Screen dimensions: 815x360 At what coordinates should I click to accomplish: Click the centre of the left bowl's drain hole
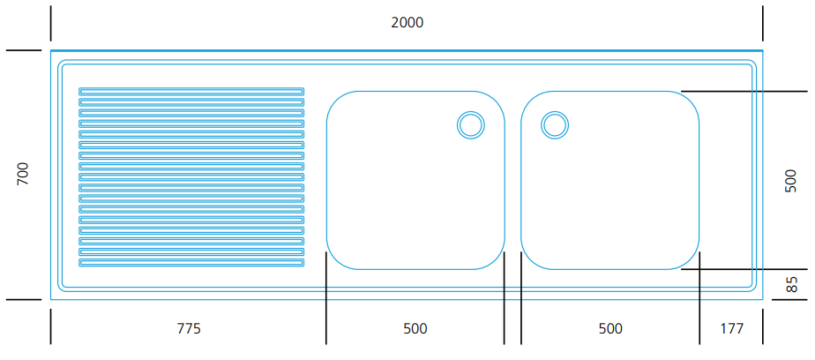(x=471, y=125)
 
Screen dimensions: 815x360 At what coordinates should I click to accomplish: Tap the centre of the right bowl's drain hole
(x=555, y=125)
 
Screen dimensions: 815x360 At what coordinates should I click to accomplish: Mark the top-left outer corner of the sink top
(x=50, y=50)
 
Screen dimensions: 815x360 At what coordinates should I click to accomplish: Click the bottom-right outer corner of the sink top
(x=763, y=300)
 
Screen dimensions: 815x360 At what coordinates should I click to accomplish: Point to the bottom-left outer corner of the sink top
(x=50, y=300)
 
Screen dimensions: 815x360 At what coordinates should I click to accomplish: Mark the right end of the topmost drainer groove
(x=304, y=91)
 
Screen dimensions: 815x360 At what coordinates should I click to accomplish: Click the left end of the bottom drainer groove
(x=79, y=263)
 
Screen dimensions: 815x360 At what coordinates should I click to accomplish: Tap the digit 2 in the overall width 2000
(x=394, y=22)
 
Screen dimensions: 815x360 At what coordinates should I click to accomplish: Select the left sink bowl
(x=415, y=180)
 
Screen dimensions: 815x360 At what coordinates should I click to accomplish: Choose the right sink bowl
(x=610, y=180)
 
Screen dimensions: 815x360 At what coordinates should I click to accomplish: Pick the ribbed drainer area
(x=191, y=176)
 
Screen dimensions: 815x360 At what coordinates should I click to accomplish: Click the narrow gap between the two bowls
(x=513, y=180)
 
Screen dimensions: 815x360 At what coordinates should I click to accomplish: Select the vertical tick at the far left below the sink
(x=50, y=326)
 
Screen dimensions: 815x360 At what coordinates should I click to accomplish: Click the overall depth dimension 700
(x=23, y=175)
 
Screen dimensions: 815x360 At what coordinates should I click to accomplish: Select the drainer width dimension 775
(x=189, y=329)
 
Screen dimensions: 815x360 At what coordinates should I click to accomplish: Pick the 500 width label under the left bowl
(x=415, y=329)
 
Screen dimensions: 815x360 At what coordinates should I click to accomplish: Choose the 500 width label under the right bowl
(x=610, y=329)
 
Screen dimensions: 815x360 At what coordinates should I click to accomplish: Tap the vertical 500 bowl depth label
(x=790, y=181)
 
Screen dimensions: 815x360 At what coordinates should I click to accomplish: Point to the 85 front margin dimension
(x=791, y=285)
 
